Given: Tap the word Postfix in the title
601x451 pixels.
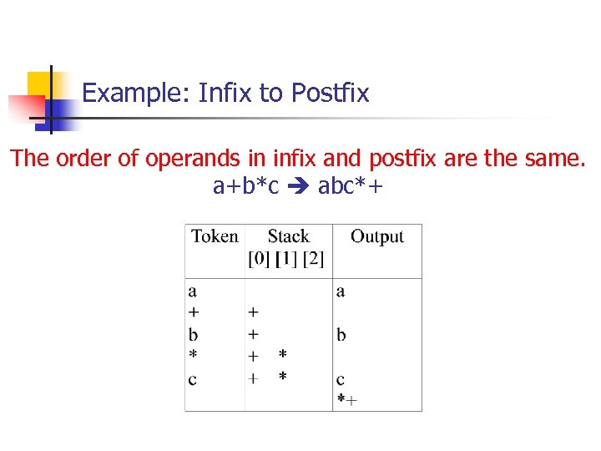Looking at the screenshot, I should tap(331, 93).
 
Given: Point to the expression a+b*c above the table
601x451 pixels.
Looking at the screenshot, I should tap(245, 185).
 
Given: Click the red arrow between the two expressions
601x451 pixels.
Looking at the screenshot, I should tap(298, 185).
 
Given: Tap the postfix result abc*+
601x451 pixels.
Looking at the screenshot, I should tap(351, 185).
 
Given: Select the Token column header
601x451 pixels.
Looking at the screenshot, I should tap(215, 236).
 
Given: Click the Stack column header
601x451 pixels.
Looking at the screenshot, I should tap(288, 236).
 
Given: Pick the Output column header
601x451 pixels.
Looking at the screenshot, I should tap(376, 236).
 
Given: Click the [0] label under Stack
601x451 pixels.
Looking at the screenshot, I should tap(259, 259).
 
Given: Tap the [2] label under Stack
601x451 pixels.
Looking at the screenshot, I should tap(314, 259).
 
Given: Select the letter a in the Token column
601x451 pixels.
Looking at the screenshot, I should tap(193, 291).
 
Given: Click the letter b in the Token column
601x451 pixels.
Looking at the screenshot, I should tap(193, 334).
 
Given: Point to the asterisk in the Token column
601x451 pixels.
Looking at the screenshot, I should tap(193, 356).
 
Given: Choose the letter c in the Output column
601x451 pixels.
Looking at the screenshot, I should tap(341, 379).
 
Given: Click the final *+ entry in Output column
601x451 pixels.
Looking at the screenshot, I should tap(346, 400).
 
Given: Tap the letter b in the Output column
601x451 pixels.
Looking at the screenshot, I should tap(341, 334).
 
